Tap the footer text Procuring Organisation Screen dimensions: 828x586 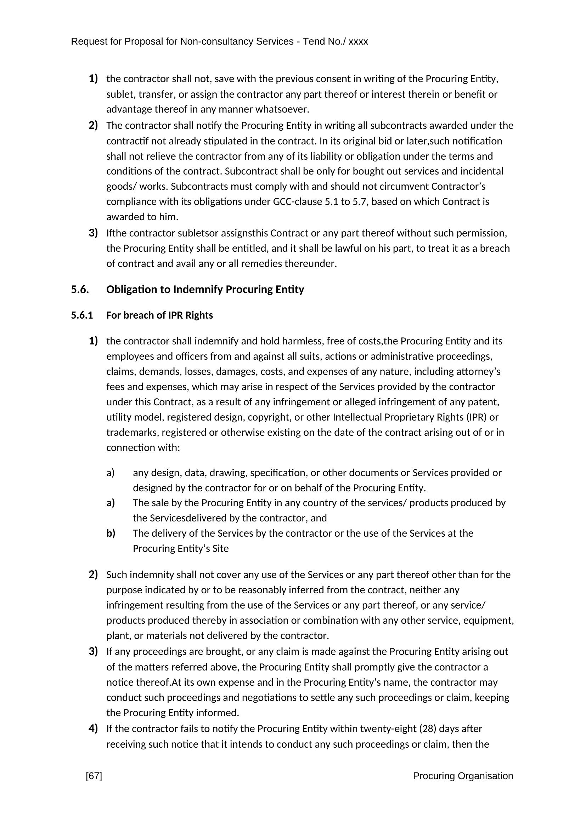463,776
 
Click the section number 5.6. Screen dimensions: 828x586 80,290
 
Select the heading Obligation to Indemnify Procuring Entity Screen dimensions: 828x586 205,290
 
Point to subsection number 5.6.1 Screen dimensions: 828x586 82,315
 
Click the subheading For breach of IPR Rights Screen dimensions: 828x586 159,315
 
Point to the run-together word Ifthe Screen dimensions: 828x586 116,233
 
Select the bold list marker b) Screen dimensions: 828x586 111,533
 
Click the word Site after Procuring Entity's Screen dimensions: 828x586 221,549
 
